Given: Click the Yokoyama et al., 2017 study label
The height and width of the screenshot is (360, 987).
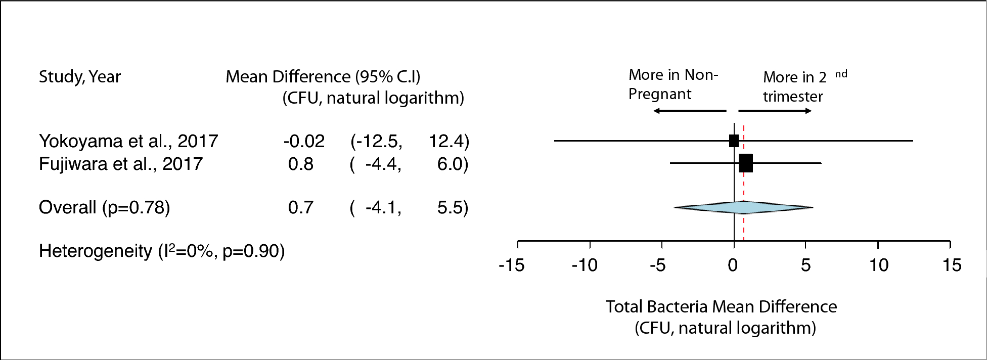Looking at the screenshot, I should (128, 141).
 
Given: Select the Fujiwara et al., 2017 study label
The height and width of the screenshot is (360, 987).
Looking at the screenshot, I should (121, 164).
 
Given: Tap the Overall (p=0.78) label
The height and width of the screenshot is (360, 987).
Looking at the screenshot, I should (104, 207).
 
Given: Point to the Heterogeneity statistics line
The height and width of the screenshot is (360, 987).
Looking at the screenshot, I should (162, 251).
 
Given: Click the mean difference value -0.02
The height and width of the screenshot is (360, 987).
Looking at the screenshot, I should (304, 141).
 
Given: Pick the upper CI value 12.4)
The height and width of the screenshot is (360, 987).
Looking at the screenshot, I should (448, 141).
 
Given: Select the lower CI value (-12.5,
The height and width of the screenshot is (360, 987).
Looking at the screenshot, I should (377, 141).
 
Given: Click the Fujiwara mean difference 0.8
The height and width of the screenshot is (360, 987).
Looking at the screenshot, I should (301, 164).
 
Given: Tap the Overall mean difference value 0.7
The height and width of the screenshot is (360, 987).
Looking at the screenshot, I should (301, 207).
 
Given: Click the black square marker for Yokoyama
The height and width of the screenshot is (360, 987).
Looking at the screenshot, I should (734, 141).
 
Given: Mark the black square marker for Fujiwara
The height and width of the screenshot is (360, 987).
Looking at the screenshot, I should (746, 163).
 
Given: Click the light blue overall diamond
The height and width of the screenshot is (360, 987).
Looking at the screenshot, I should (743, 207).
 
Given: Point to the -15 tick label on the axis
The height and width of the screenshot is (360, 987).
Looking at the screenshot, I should (511, 265).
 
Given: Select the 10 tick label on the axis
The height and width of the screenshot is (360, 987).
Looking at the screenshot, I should (879, 265).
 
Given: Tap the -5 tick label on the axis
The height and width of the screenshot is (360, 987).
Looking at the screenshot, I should (658, 265).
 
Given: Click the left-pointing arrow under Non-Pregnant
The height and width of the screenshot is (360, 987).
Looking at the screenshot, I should (689, 111).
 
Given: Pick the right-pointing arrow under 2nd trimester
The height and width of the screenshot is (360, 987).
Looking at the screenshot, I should (775, 111).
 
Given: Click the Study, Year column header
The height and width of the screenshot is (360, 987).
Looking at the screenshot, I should (80, 77).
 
